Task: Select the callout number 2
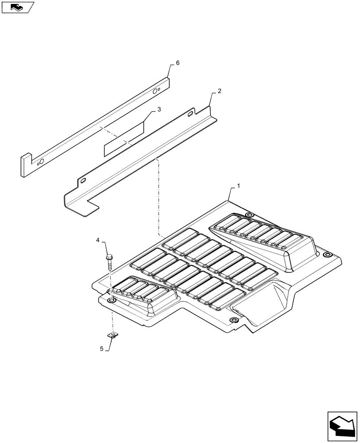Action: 219,92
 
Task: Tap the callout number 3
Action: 158,109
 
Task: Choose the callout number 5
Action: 102,349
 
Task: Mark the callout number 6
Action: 178,63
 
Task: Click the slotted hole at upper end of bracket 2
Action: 190,114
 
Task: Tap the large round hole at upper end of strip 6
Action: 155,91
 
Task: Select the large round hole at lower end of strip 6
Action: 41,161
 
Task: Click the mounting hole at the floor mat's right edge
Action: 327,255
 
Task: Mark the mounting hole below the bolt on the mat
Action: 112,301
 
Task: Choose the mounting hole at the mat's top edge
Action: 249,215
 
